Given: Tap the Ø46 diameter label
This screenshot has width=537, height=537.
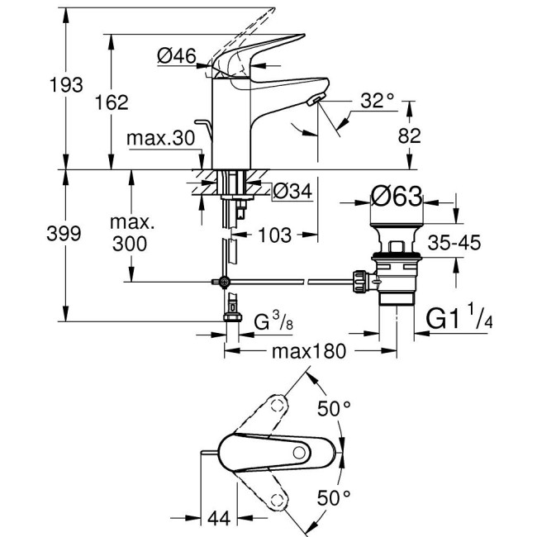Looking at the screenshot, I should pos(174,56).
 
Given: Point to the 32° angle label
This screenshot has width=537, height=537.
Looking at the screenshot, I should pos(378,101).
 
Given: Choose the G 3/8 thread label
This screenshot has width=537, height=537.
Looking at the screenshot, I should pos(272,320).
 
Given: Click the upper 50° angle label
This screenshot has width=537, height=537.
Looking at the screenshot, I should pos(335,409).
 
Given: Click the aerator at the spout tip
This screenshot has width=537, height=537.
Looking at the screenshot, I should pos(316,101).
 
